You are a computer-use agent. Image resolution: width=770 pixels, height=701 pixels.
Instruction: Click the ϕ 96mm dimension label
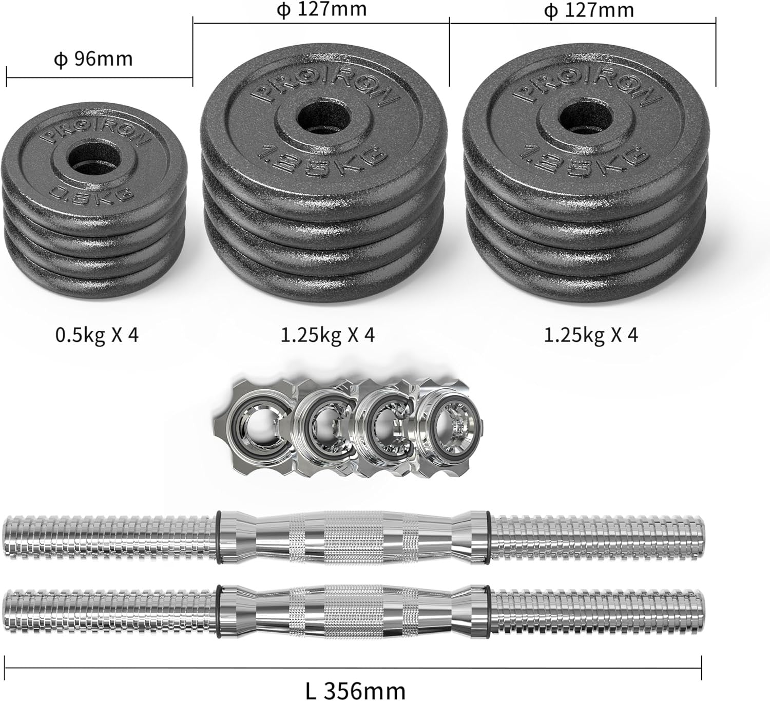pyautogui.click(x=93, y=59)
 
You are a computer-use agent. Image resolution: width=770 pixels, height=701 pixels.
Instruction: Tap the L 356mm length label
pyautogui.click(x=355, y=680)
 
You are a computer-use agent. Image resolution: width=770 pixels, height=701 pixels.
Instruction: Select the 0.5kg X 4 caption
pyautogui.click(x=97, y=335)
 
